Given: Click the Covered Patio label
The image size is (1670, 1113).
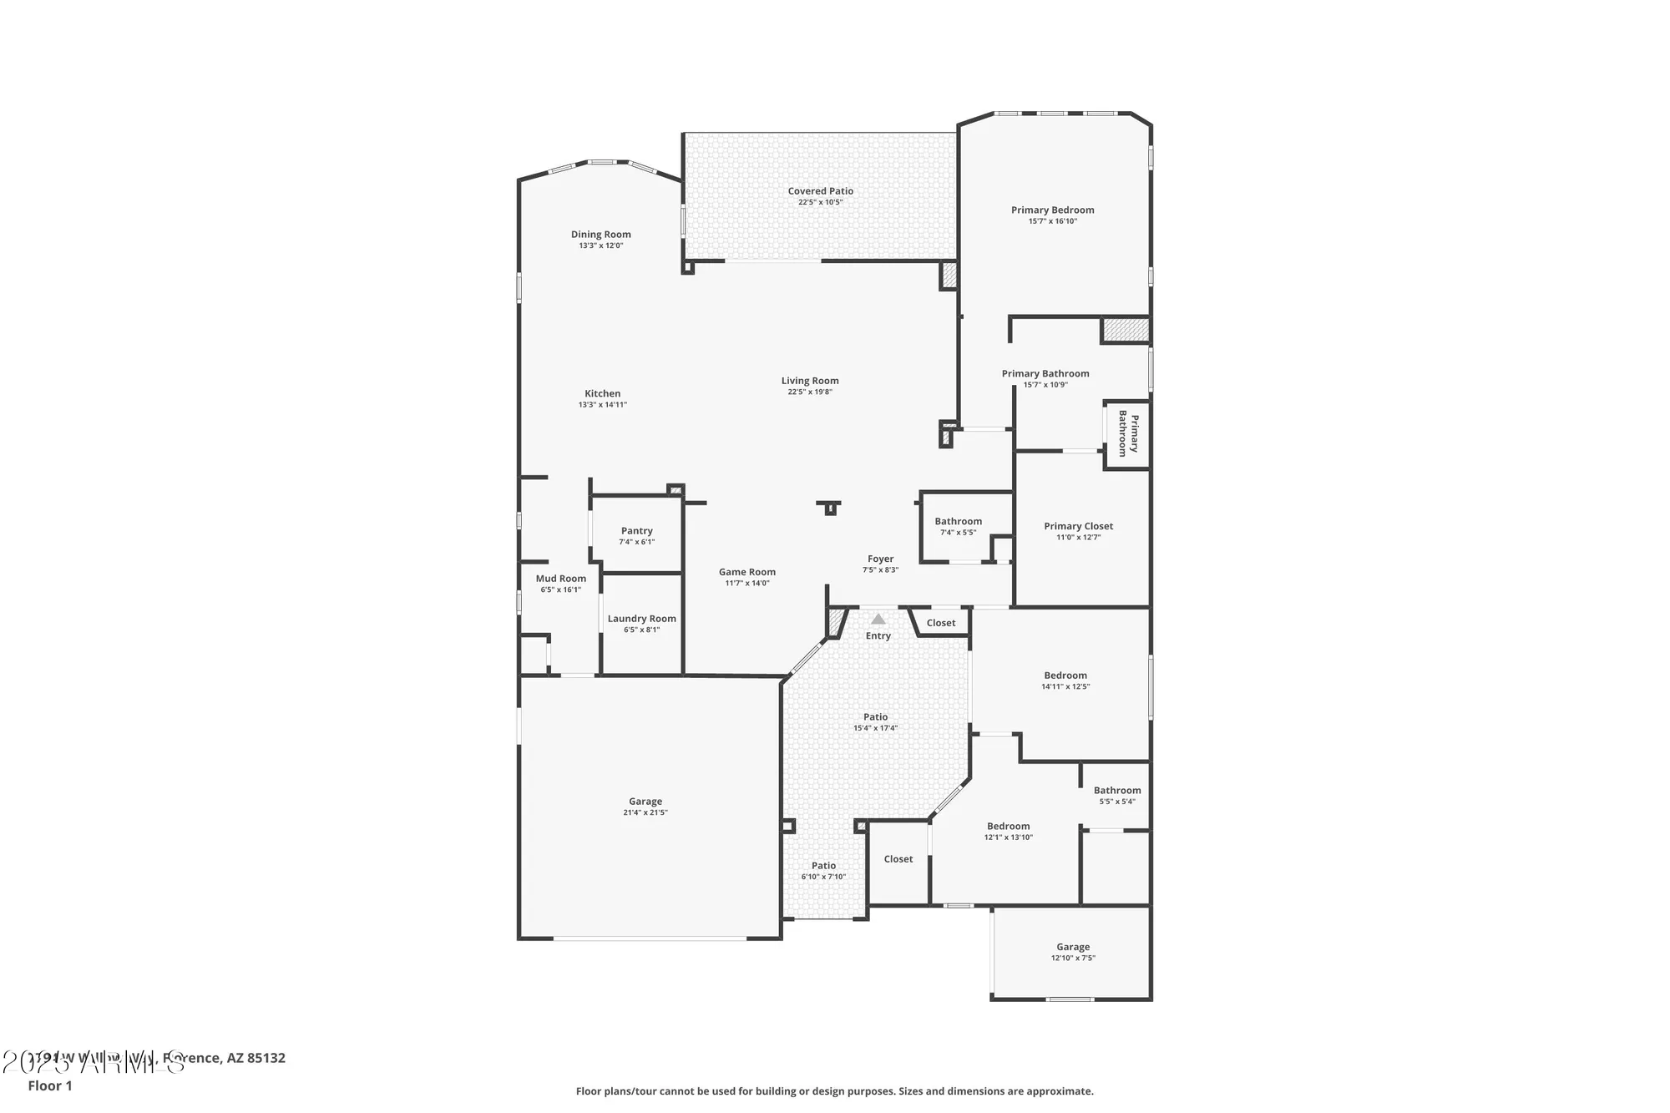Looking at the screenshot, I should [820, 191].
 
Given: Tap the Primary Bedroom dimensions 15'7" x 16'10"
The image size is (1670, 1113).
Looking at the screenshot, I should [1052, 221].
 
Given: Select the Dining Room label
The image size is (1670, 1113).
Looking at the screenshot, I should [600, 235].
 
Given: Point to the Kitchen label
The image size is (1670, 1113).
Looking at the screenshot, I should [602, 393].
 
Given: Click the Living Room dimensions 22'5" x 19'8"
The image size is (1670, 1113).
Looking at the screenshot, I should [810, 392].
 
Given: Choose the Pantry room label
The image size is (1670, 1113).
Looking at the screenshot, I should [636, 531].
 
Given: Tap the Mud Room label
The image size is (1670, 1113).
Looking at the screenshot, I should [560, 579].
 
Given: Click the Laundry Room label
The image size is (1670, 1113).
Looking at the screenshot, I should [641, 619].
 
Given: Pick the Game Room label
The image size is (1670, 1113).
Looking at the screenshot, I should [746, 572].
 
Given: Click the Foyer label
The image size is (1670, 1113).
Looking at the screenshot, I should [880, 559].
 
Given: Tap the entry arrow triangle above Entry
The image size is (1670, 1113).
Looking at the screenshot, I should [878, 620].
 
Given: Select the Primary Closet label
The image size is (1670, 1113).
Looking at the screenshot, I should [1078, 526].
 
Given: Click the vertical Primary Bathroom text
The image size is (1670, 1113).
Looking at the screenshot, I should [1128, 433].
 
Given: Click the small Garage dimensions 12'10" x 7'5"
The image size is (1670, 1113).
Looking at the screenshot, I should [1072, 958].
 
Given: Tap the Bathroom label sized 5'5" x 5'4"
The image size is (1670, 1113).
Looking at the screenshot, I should [1116, 790].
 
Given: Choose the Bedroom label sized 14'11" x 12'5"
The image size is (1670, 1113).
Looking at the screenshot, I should [1065, 675].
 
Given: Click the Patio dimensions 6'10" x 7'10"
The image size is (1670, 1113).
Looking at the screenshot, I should [823, 877].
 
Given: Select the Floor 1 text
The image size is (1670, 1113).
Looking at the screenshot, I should [50, 1085].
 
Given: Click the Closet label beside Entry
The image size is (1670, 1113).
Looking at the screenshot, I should [940, 623].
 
